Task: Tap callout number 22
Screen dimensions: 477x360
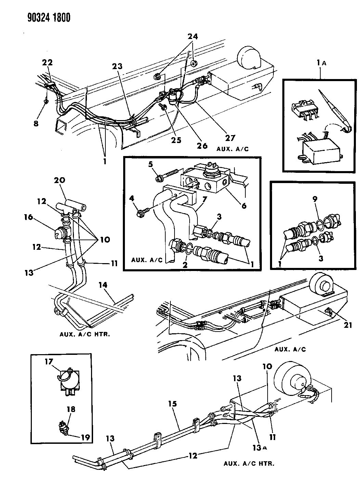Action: [x=47, y=63]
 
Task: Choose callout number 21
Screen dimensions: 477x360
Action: [x=347, y=325]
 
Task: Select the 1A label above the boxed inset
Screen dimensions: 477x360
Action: [x=320, y=63]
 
